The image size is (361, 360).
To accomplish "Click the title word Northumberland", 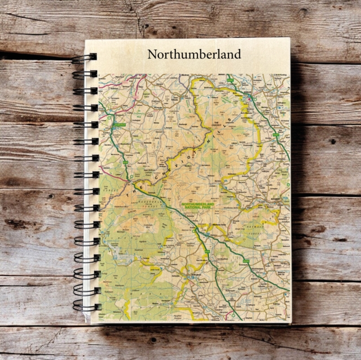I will [194, 54].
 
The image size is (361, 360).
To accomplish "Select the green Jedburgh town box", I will [120, 119].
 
